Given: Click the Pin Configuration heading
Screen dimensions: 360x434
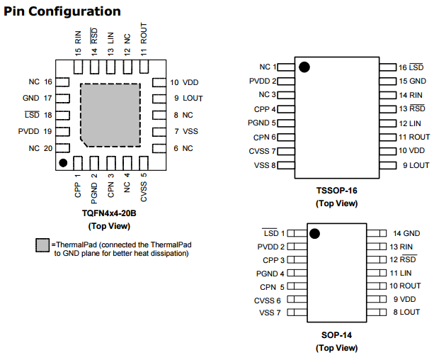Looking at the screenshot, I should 62,11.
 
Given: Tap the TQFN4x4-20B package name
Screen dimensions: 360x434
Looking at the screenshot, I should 108,213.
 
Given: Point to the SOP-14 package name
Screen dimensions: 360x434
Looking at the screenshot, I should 336,335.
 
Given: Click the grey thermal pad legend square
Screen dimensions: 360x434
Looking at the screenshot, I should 42,246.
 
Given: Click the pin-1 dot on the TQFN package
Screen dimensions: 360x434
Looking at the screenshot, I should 63,163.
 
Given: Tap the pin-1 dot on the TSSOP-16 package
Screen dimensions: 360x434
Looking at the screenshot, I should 304,67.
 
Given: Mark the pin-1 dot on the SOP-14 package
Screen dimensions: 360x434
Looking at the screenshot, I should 314,233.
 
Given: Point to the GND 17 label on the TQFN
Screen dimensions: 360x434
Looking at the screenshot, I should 37,99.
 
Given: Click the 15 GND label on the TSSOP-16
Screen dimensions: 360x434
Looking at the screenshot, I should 411,81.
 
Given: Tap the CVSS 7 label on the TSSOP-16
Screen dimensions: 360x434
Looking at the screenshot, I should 263,151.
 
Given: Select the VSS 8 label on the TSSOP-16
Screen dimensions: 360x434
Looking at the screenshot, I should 265,165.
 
